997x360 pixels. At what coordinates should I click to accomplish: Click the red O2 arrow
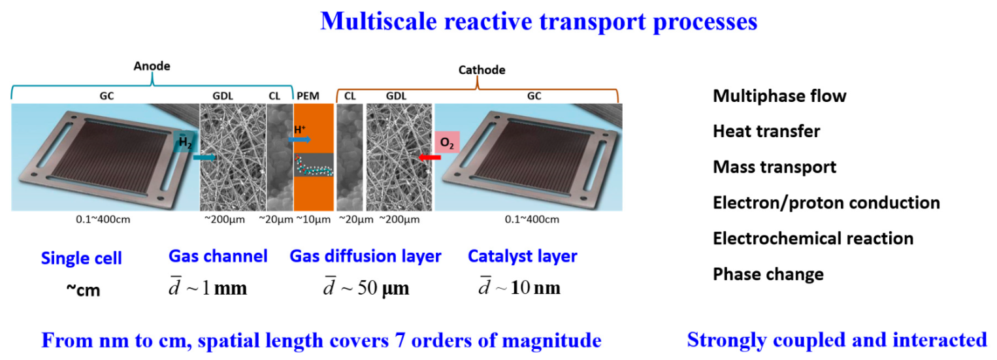click(429, 157)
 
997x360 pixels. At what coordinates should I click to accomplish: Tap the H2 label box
click(186, 142)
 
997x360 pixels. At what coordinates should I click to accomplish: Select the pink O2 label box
click(447, 142)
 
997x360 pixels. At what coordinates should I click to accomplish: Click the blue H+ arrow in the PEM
click(299, 140)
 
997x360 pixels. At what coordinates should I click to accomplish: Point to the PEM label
click(308, 96)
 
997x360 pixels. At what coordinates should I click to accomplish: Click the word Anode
click(152, 66)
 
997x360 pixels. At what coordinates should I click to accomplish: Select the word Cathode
click(482, 70)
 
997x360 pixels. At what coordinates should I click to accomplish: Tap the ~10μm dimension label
click(314, 220)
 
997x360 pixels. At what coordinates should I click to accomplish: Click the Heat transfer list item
click(766, 131)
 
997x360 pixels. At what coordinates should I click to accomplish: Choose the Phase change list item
click(768, 274)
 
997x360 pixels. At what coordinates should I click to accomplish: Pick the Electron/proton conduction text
click(826, 203)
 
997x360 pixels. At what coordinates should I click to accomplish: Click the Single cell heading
click(82, 258)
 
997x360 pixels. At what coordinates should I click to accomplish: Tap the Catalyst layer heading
click(523, 256)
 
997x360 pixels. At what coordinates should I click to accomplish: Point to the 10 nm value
click(535, 287)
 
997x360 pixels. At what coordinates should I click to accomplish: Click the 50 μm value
click(384, 288)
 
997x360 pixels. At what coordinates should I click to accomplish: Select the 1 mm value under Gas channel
click(224, 288)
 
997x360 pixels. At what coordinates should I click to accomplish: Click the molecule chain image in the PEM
click(314, 165)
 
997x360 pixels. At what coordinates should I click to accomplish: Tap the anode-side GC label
click(107, 96)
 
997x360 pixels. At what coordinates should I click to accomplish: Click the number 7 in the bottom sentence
click(400, 340)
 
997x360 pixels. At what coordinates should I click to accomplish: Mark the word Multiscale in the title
click(378, 22)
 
